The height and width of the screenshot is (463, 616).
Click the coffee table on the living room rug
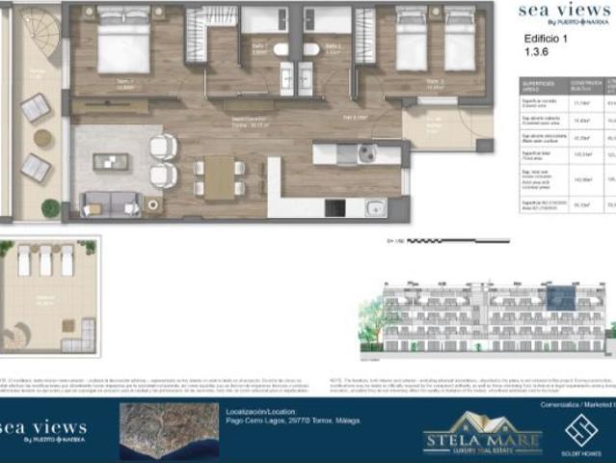tap(110, 162)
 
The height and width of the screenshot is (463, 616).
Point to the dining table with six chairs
tap(219, 177)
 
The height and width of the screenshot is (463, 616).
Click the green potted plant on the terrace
tap(50, 207)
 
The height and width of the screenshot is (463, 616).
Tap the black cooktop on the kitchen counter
tap(335, 206)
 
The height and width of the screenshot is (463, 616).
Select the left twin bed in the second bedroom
tap(412, 42)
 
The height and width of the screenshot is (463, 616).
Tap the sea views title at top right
tap(564, 12)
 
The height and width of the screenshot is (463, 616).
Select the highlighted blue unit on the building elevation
tap(560, 299)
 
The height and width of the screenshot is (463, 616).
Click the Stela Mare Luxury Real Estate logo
tap(483, 433)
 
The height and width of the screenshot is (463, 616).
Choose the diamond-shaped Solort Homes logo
tap(581, 428)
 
